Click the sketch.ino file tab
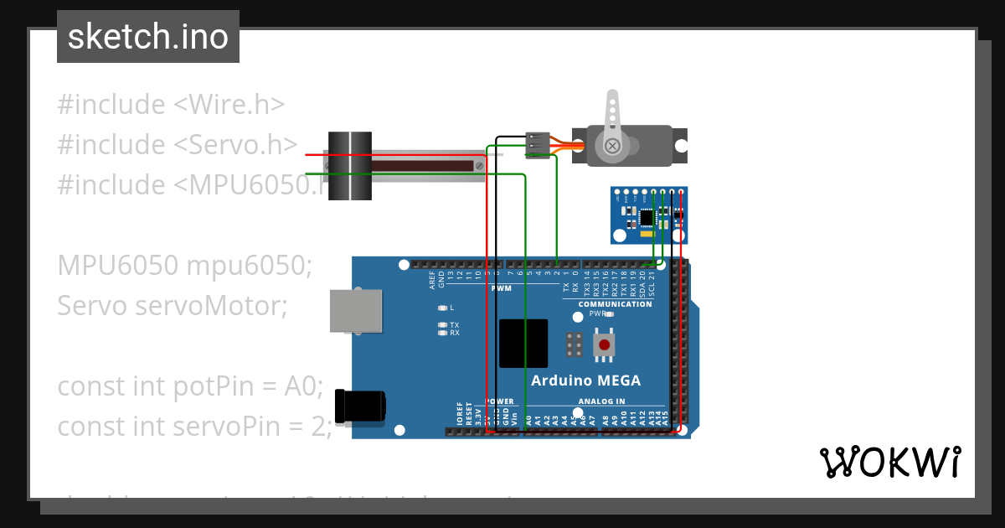click(x=148, y=37)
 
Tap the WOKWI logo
click(x=889, y=462)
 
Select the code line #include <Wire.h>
click(x=171, y=105)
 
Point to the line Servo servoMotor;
click(x=172, y=306)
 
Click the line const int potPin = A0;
click(x=190, y=386)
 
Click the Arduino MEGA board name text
click(x=585, y=380)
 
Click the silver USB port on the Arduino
click(x=356, y=311)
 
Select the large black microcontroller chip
click(x=523, y=344)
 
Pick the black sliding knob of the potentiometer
click(x=349, y=166)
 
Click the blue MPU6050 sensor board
click(x=650, y=214)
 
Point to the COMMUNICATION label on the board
click(x=615, y=304)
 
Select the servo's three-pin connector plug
click(x=539, y=145)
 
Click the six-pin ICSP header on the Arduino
click(x=575, y=344)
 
